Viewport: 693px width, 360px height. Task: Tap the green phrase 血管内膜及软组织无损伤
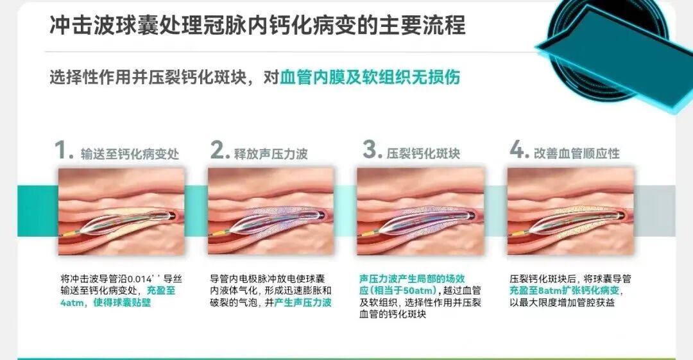point(370,77)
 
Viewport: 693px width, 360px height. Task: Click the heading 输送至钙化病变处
point(130,154)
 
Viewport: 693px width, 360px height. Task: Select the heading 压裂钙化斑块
point(424,154)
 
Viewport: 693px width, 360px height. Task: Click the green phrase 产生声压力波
point(303,303)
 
